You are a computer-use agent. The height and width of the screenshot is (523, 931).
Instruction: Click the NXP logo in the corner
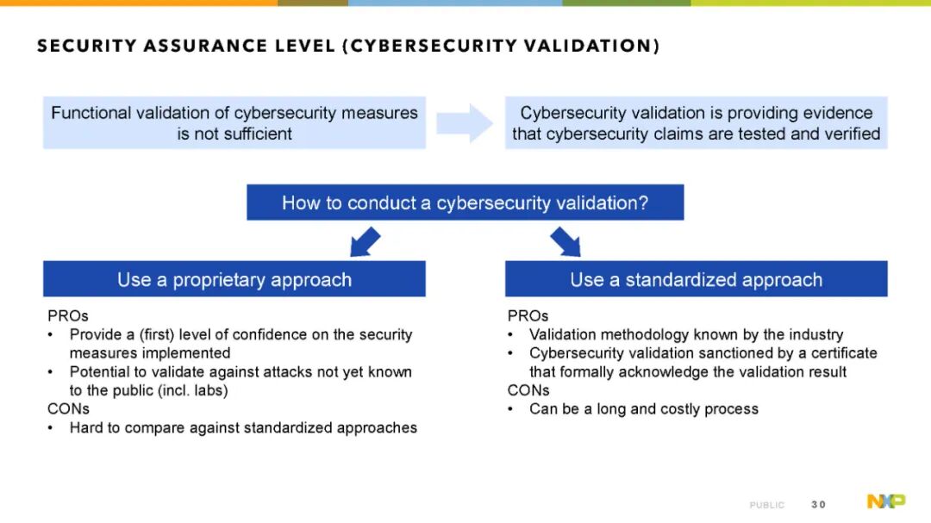point(886,501)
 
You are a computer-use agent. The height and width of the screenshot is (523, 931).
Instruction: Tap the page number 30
point(818,505)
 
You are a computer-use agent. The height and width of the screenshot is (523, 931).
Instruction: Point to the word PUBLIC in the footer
point(766,505)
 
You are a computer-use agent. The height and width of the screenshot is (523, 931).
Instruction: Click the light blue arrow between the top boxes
point(465,123)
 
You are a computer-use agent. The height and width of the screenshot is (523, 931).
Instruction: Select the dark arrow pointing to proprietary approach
point(365,241)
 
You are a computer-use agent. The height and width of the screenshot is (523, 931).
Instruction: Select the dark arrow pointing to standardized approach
point(565,241)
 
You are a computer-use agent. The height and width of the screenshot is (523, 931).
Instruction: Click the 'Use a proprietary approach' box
point(234,279)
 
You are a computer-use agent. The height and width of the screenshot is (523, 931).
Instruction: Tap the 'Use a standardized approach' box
point(697,279)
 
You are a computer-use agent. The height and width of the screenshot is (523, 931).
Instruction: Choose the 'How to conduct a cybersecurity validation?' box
point(465,202)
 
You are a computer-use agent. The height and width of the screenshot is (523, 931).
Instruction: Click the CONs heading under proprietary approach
point(68,409)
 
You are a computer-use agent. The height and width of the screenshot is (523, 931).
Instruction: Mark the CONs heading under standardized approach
point(528,390)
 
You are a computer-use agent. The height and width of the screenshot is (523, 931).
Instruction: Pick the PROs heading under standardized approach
point(528,316)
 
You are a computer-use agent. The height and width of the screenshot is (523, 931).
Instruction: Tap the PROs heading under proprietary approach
point(68,316)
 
